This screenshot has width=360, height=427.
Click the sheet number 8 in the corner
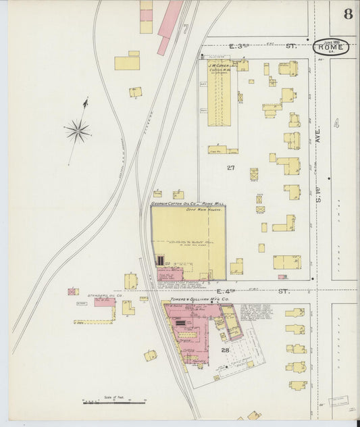click(x=348, y=14)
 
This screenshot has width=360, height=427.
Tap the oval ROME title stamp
click(x=331, y=47)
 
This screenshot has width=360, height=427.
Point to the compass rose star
click(x=78, y=130)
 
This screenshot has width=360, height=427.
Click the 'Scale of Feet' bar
click(x=114, y=402)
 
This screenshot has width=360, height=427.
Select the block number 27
click(x=230, y=167)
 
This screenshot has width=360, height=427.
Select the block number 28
click(x=225, y=349)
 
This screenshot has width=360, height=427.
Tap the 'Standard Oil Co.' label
click(x=105, y=295)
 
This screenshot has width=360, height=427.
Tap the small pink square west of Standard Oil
click(x=73, y=292)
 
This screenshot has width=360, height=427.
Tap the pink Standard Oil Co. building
click(x=104, y=303)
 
